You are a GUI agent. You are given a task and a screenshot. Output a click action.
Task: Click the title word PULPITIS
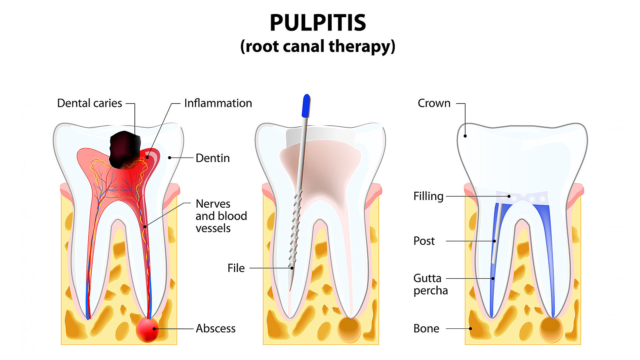click(318, 23)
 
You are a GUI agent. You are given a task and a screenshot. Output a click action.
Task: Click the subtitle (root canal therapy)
click(318, 47)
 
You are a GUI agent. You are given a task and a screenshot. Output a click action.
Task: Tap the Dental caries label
click(89, 103)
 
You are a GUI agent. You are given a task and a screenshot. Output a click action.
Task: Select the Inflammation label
click(218, 103)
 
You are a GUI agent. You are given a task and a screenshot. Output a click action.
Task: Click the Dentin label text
click(212, 158)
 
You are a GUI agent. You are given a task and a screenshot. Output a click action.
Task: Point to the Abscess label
click(216, 328)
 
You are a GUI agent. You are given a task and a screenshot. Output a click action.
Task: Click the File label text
click(236, 268)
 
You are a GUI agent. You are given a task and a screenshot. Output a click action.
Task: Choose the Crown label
click(434, 103)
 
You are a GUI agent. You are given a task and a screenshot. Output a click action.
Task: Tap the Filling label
click(428, 196)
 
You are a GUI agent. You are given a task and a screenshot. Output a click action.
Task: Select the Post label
click(424, 241)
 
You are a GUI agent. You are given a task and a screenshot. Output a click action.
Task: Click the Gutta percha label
click(430, 284)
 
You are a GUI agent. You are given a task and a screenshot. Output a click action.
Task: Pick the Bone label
click(426, 328)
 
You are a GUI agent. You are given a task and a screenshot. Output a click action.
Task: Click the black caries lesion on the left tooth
click(125, 149)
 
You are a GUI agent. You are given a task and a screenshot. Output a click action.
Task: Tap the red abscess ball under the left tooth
click(147, 330)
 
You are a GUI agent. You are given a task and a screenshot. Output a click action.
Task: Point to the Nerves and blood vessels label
click(221, 216)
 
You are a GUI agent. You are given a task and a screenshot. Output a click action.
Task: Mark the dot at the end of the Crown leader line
click(465, 136)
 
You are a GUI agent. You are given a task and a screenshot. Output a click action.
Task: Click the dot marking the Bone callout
click(470, 329)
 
